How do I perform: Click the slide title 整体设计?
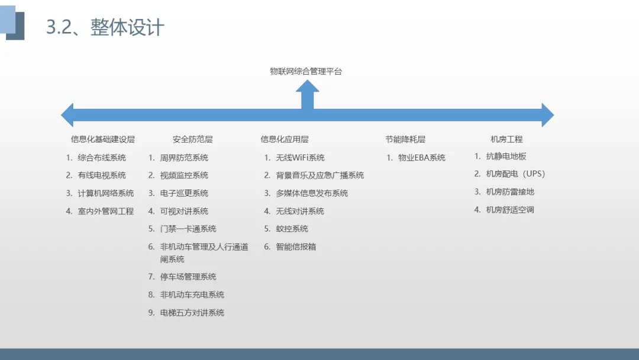coord(127,27)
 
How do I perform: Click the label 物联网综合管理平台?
coord(306,72)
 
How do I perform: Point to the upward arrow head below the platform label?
coord(307,88)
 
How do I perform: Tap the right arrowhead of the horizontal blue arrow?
coord(547,115)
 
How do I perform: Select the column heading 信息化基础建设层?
coord(103,140)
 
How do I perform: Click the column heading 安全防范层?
coord(193,140)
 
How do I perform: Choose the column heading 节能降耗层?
coord(405,140)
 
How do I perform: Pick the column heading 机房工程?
coord(506,140)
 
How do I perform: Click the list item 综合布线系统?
coord(102,157)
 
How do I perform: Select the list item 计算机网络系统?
coord(106,193)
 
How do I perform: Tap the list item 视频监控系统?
coord(184,175)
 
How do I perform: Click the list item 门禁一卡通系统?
coord(188,229)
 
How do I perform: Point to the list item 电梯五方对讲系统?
coord(192,313)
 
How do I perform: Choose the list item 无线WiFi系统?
coord(300,157)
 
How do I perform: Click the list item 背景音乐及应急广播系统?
coord(319,175)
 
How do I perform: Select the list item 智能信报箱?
coord(296,246)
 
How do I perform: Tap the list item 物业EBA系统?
coord(421,157)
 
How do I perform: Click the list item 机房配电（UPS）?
coord(515,174)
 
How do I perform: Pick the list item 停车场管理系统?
coord(188,277)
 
